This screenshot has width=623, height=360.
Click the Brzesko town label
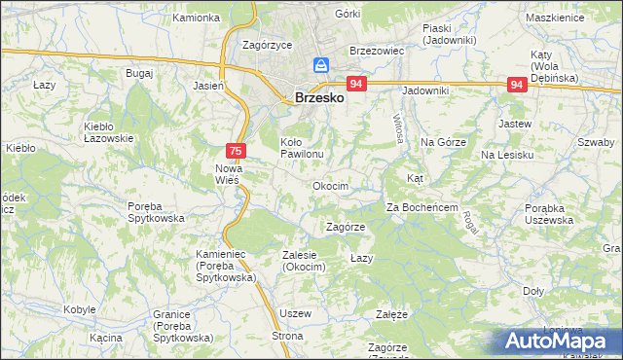(x=318, y=97)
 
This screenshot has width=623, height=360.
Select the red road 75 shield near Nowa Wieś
(x=235, y=151)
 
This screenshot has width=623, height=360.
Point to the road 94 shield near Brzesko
(x=356, y=86)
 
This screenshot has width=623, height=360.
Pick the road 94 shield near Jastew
(x=518, y=86)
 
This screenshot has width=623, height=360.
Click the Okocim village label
(x=330, y=185)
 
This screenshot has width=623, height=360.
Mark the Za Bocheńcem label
(x=421, y=207)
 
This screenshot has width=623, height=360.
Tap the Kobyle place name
(x=79, y=309)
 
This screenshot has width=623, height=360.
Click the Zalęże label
(x=391, y=315)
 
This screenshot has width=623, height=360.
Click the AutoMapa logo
(x=559, y=341)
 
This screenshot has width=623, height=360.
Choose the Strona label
(x=288, y=336)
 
